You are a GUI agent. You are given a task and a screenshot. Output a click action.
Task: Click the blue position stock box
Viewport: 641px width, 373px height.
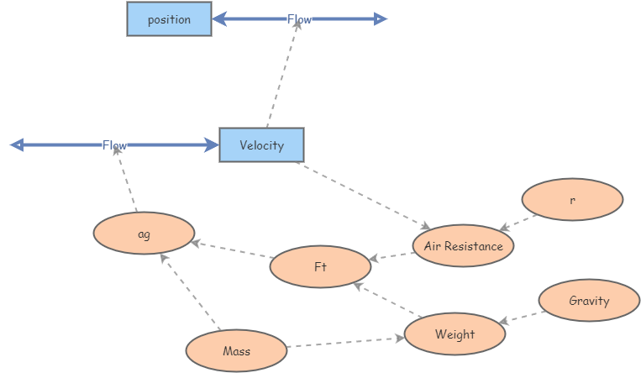169,19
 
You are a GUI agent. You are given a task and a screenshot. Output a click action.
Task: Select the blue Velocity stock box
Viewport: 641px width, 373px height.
261,145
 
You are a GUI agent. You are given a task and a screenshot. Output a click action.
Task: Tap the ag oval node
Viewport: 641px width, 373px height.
144,234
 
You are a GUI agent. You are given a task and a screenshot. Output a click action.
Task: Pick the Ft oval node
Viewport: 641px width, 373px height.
320,267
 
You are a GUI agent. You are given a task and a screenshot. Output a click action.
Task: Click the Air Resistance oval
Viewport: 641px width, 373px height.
463,246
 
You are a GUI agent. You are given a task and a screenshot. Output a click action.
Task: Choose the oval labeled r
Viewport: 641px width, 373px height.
572,201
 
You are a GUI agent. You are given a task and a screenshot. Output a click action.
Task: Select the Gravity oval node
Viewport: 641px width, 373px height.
589,301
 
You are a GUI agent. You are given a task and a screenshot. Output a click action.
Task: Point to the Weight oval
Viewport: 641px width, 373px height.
454,334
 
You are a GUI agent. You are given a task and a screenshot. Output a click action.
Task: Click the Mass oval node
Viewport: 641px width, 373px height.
236,351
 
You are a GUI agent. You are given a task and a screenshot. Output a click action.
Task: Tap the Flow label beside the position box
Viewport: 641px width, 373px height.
299,19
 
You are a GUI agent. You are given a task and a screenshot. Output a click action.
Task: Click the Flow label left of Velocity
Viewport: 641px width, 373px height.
114,145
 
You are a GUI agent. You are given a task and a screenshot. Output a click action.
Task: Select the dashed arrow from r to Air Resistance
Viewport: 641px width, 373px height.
519,221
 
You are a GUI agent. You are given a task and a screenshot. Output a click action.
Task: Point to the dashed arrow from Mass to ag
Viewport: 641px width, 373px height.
190,292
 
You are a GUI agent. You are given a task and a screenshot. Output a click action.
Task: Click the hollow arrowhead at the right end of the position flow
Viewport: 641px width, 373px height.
381,19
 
